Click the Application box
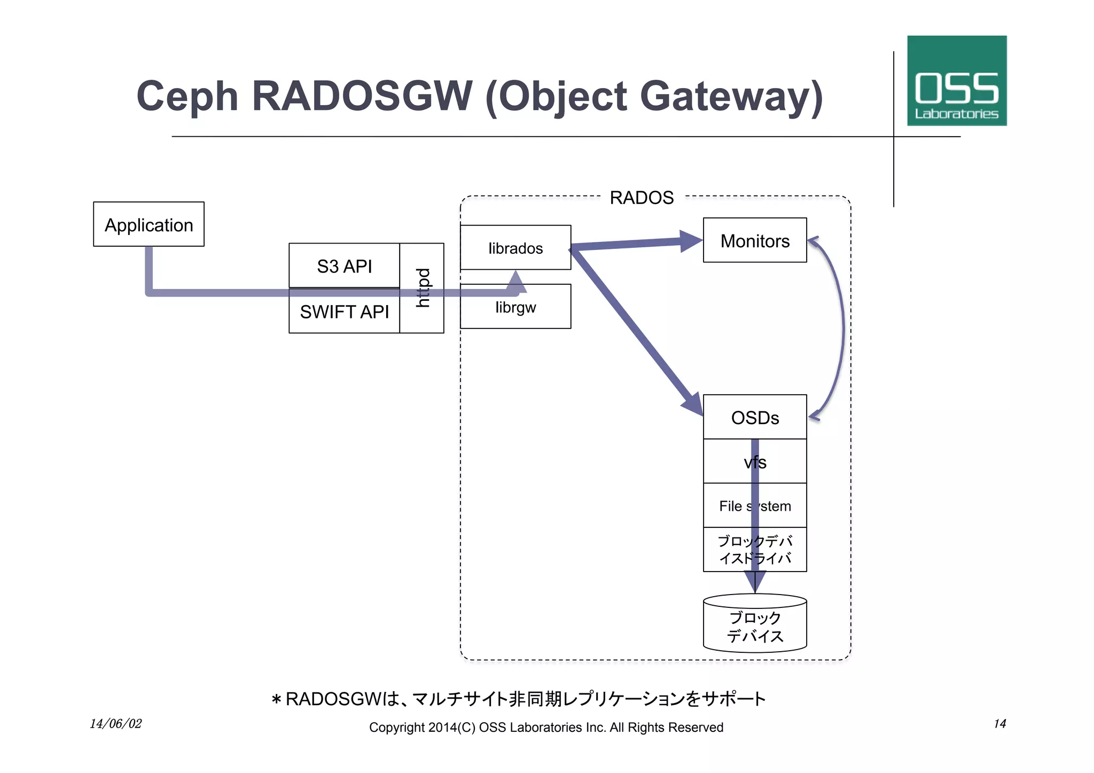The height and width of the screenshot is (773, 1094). [149, 224]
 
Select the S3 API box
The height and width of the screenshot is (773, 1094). [344, 266]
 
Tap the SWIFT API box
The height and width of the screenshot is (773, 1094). [344, 311]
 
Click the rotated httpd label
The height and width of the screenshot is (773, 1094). [422, 288]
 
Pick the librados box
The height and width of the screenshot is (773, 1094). [515, 248]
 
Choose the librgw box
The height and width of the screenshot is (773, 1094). [515, 308]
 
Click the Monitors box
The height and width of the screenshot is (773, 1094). [754, 241]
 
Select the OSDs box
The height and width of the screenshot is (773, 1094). [754, 417]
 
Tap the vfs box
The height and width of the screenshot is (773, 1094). [754, 462]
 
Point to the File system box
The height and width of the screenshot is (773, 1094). [754, 505]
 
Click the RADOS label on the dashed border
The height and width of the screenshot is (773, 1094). [642, 198]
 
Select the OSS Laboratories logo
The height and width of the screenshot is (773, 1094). [956, 81]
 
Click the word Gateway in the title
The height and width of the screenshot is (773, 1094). [731, 96]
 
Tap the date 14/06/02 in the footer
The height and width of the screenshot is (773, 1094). [115, 724]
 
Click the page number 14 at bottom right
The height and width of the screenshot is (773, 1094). [999, 724]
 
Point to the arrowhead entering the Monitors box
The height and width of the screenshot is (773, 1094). [691, 241]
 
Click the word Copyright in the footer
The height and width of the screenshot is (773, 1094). [396, 728]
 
